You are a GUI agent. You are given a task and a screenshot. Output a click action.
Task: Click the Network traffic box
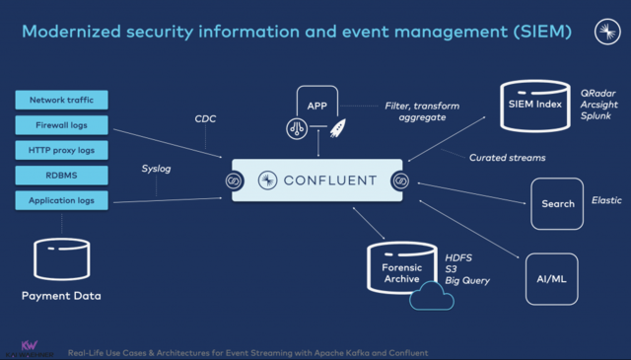click(x=61, y=100)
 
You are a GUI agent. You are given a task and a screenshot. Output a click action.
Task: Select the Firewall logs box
click(x=61, y=125)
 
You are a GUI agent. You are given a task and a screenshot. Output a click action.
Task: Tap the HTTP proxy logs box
click(x=61, y=150)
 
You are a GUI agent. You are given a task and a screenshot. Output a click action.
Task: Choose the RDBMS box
click(x=61, y=176)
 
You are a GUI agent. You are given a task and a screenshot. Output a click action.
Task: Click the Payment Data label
click(x=61, y=296)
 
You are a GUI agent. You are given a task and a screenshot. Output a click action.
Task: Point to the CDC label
click(x=206, y=118)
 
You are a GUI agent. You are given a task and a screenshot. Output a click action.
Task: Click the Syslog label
click(x=157, y=169)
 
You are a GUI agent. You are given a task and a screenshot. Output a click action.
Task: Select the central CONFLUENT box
click(x=318, y=180)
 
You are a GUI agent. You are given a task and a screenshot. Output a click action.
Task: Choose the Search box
click(x=558, y=204)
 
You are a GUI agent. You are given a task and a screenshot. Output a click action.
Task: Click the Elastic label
click(x=606, y=200)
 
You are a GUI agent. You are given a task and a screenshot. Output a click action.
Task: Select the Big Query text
click(x=466, y=280)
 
